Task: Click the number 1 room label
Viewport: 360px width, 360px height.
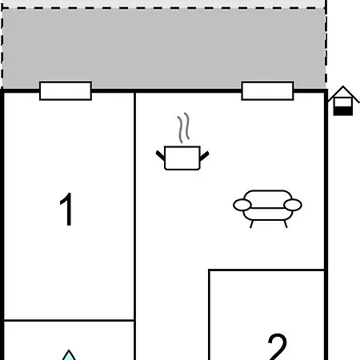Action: click(66, 209)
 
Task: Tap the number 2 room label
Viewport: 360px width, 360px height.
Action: click(278, 346)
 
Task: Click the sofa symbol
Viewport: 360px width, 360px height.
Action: click(267, 209)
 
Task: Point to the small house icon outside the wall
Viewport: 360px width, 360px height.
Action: click(343, 101)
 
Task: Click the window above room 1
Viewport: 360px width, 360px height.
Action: click(66, 91)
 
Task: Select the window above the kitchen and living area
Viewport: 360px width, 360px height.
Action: click(267, 91)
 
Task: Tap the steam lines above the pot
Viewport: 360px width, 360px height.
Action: click(183, 127)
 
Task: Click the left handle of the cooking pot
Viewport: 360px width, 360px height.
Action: click(160, 155)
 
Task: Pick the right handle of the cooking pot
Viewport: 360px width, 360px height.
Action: click(205, 156)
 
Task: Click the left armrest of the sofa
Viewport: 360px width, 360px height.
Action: click(242, 205)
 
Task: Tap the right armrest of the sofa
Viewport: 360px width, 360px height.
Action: click(293, 205)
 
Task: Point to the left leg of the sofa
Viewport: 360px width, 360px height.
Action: click(251, 224)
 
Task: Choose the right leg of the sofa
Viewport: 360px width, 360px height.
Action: click(286, 224)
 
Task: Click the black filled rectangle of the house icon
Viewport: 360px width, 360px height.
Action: click(343, 111)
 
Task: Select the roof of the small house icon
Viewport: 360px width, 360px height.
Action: click(343, 94)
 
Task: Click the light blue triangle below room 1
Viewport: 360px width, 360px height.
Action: click(69, 355)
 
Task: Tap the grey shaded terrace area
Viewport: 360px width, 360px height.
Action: click(164, 48)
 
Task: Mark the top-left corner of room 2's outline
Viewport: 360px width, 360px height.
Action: click(209, 270)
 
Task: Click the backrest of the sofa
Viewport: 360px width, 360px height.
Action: click(267, 198)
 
